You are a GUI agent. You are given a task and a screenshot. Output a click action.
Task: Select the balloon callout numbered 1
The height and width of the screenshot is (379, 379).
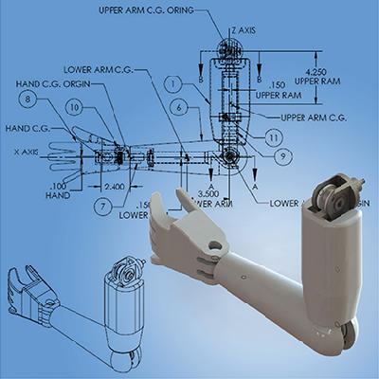[172, 84]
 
